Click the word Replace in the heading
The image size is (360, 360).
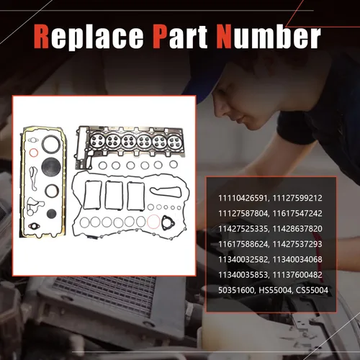click(x=89, y=37)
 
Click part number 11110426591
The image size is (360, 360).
click(x=243, y=198)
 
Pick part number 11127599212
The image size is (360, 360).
click(x=297, y=198)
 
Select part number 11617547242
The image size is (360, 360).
click(x=297, y=213)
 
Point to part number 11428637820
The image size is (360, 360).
click(x=297, y=229)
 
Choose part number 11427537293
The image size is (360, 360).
click(x=297, y=244)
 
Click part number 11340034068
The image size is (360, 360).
click(x=297, y=259)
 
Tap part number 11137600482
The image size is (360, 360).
click(x=297, y=275)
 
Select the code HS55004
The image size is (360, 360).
click(x=276, y=290)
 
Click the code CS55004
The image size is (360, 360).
click(x=312, y=290)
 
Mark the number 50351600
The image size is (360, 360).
click(x=236, y=290)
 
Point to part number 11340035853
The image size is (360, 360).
click(x=243, y=275)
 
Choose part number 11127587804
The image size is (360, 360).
click(x=243, y=213)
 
